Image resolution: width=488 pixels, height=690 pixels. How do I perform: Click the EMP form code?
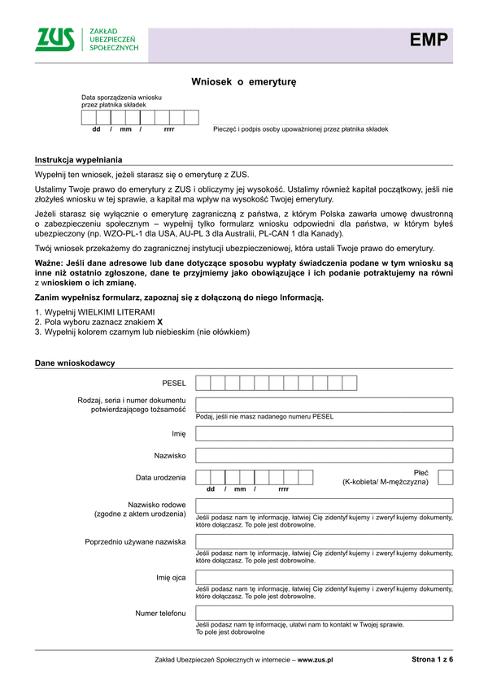429,40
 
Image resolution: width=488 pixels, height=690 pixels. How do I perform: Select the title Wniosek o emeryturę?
244,82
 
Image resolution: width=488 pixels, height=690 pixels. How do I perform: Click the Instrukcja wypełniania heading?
78,159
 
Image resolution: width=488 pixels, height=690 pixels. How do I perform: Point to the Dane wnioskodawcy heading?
75,362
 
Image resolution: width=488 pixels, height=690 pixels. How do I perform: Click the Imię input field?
324,434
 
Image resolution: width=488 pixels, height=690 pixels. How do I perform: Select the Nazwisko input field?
324,456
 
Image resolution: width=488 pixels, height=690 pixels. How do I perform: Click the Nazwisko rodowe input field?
324,506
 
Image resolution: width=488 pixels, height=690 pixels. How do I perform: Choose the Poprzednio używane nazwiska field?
324,541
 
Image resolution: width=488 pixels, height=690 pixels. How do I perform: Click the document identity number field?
324,405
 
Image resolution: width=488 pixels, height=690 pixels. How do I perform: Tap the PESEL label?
174,383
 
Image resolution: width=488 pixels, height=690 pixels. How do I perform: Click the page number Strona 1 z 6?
432,660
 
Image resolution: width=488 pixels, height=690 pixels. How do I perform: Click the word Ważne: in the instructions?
50,264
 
